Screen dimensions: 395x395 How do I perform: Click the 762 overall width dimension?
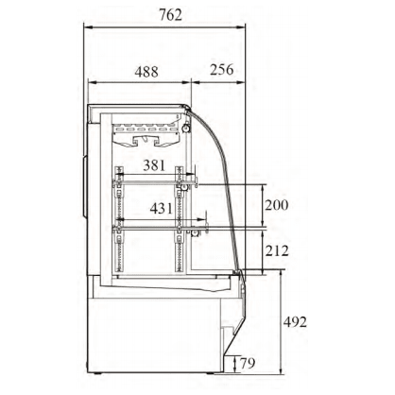(x=170, y=15)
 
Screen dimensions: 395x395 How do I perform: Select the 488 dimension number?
(x=146, y=72)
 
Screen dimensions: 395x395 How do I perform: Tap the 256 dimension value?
(x=222, y=70)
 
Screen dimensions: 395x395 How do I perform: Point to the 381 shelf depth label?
(x=154, y=164)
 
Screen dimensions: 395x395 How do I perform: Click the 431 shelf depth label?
(x=162, y=208)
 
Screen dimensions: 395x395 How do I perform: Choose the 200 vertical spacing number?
(x=277, y=205)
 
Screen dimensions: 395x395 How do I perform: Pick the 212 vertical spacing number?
(x=277, y=251)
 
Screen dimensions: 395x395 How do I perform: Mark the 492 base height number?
(x=295, y=322)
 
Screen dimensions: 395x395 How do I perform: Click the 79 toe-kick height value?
(x=248, y=363)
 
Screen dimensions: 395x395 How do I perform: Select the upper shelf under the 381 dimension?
(x=155, y=182)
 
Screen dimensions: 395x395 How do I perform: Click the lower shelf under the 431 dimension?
(x=161, y=228)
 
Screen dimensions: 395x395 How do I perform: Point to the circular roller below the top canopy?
(x=186, y=129)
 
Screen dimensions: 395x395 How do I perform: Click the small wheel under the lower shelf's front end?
(x=196, y=233)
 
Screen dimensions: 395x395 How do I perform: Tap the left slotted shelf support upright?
(x=119, y=218)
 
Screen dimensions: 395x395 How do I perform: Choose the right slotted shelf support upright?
(x=179, y=218)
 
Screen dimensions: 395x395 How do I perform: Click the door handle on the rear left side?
(x=84, y=186)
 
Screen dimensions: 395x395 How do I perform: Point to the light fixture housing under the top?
(x=146, y=134)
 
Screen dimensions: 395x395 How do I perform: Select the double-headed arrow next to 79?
(x=234, y=364)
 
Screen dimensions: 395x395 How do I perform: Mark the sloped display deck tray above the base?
(x=170, y=284)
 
